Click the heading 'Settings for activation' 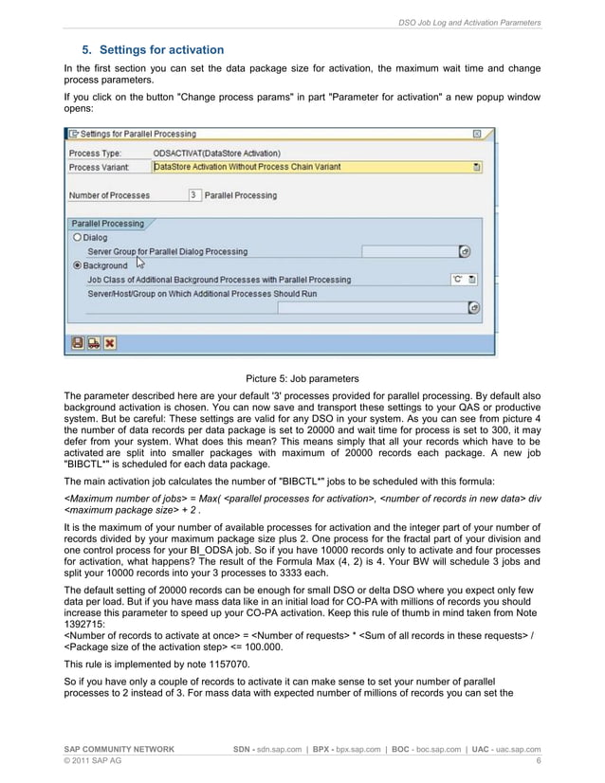(x=161, y=49)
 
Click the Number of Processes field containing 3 (x=193, y=195)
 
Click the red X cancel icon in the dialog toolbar (x=110, y=342)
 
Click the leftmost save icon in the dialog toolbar (x=78, y=342)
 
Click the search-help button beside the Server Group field (x=465, y=252)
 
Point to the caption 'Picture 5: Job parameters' (x=302, y=378)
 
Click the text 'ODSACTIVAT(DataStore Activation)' (x=216, y=153)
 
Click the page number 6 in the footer (x=539, y=761)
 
